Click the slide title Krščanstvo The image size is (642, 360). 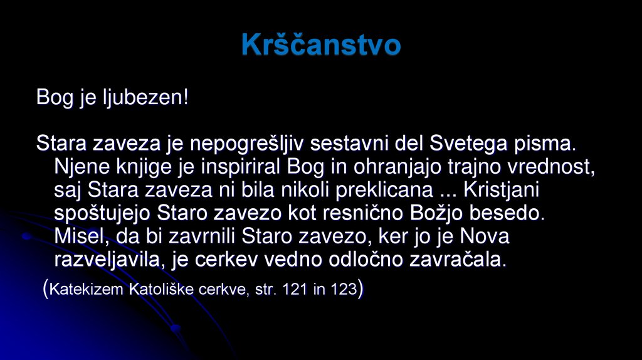click(x=320, y=45)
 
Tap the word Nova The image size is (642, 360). click(x=484, y=236)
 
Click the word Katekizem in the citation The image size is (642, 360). click(x=87, y=290)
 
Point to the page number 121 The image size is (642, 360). click(x=295, y=290)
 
